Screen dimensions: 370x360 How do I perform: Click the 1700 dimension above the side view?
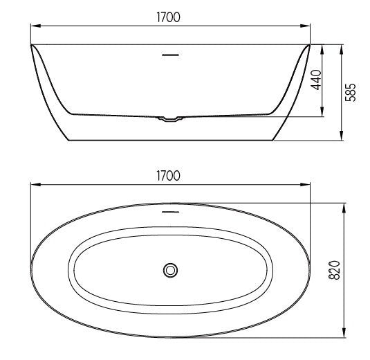168,17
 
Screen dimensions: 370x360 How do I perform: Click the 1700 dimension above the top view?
168,176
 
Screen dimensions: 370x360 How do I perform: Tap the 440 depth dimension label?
316,80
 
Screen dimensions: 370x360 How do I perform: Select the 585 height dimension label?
351,92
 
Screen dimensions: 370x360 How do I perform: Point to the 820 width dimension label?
334,270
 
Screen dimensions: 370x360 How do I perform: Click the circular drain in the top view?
170,270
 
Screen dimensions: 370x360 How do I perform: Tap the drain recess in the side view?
170,118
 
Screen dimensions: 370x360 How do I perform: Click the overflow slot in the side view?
170,55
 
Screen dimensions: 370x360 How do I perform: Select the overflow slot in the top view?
170,212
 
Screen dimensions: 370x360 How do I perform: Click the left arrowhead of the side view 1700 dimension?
36,26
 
